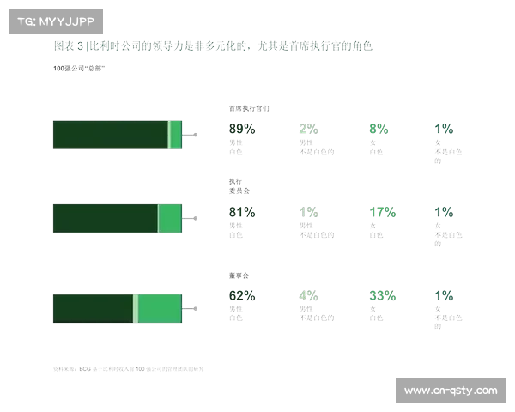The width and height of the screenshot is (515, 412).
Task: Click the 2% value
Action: pyautogui.click(x=308, y=130)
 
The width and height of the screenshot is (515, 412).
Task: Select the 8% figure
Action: pyautogui.click(x=378, y=130)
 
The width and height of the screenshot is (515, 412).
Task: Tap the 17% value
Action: pyautogui.click(x=381, y=212)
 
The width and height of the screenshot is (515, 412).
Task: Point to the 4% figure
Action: pyautogui.click(x=308, y=296)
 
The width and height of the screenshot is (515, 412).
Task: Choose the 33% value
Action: pyautogui.click(x=382, y=296)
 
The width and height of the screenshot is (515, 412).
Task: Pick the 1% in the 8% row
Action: pyautogui.click(x=444, y=130)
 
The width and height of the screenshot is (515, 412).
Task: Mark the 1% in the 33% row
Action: pyautogui.click(x=444, y=296)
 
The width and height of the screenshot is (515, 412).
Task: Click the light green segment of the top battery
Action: pyautogui.click(x=174, y=135)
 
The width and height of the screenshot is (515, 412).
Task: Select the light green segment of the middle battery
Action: pyautogui.click(x=169, y=219)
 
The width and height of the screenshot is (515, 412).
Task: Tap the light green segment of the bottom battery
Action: pyautogui.click(x=159, y=307)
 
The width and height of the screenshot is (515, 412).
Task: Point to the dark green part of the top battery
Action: pyautogui.click(x=109, y=135)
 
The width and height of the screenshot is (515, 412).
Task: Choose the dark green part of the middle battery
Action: pyautogui.click(x=104, y=219)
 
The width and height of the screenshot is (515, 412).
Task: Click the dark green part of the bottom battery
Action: pyautogui.click(x=93, y=307)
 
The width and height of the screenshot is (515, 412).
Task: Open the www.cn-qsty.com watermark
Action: pyautogui.click(x=450, y=391)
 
